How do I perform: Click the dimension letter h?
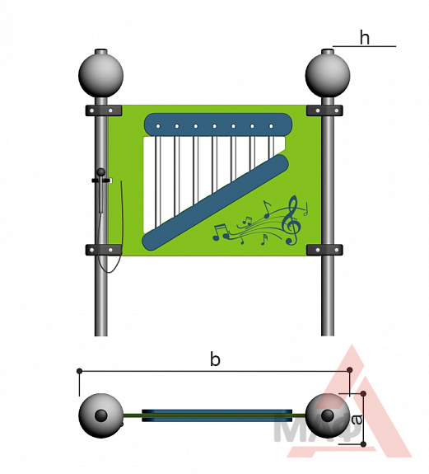coord(365,39)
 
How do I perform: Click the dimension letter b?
coord(215,360)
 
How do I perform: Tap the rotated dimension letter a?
coord(357,420)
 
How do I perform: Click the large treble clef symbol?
coord(291,220)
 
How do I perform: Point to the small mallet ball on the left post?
coord(100,172)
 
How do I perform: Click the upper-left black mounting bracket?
coord(104,110)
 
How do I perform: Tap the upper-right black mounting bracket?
coord(324,110)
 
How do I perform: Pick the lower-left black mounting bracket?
coord(104,250)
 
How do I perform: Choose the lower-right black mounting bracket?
coord(324,250)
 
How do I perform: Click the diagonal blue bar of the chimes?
coord(215,203)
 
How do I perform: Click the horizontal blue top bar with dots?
coord(218,125)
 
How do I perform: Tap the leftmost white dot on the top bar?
coord(157,126)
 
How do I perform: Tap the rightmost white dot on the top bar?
coord(271,126)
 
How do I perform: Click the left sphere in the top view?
coord(100,415)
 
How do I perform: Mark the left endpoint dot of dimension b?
coord(79,371)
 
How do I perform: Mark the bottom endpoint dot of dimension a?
coord(363,444)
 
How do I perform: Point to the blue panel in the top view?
coord(217,415)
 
